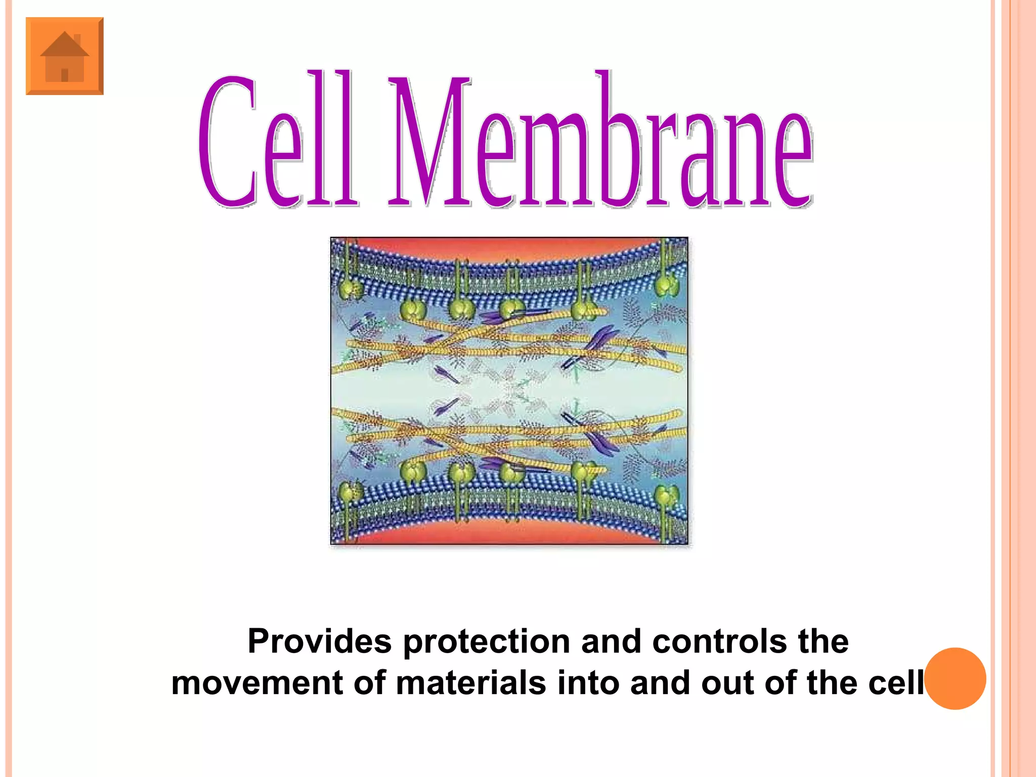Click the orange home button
(x=65, y=56)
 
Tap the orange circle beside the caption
(x=955, y=678)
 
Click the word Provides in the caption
(x=320, y=641)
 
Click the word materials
(x=471, y=683)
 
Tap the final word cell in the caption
(x=896, y=683)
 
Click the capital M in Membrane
(x=430, y=142)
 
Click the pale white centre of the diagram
(x=509, y=390)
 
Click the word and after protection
(x=611, y=641)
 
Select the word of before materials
(x=370, y=683)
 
